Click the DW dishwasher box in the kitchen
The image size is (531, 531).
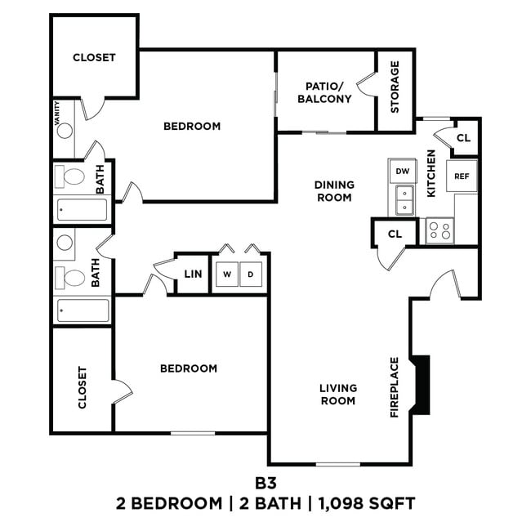[401, 172]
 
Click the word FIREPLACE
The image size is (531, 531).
[395, 387]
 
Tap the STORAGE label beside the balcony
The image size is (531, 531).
[395, 87]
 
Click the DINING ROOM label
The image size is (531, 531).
[333, 191]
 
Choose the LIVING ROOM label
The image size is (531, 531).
[337, 395]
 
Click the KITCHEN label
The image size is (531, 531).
[432, 171]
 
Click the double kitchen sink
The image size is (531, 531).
[404, 200]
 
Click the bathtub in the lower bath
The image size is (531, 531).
[83, 311]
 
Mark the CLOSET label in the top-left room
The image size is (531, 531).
[94, 58]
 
